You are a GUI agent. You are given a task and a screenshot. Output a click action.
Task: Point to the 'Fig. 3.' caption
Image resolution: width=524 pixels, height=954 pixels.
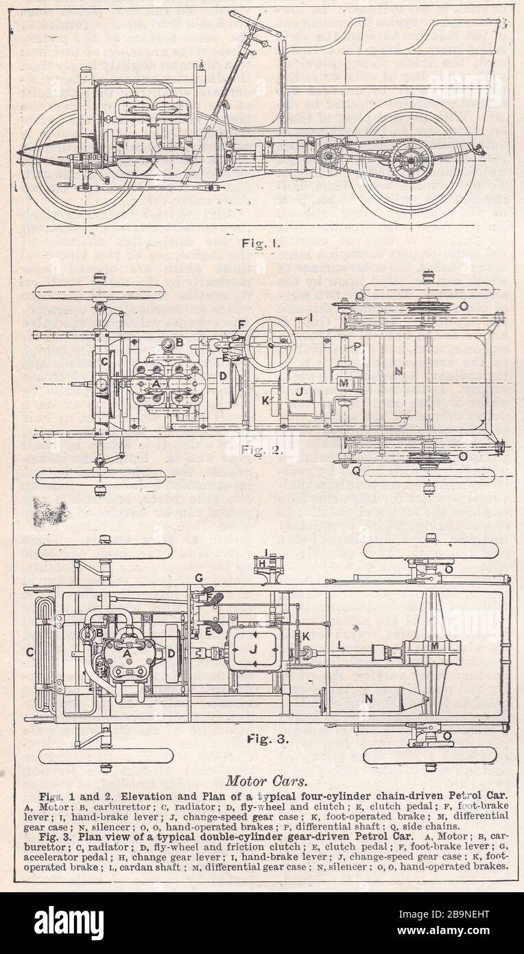pyautogui.click(x=267, y=740)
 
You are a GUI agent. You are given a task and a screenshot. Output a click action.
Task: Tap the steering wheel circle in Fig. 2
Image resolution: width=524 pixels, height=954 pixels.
pyautogui.click(x=270, y=342)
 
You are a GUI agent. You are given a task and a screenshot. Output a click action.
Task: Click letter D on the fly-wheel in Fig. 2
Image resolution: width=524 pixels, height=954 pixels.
pyautogui.click(x=223, y=377)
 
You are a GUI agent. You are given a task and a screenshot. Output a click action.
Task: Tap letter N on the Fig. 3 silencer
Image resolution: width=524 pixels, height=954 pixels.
pyautogui.click(x=368, y=698)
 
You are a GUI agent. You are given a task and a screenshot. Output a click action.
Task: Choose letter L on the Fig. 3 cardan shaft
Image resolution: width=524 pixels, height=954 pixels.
pyautogui.click(x=341, y=644)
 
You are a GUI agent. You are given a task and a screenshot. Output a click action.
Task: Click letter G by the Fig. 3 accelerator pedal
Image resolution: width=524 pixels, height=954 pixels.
pyautogui.click(x=198, y=578)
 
